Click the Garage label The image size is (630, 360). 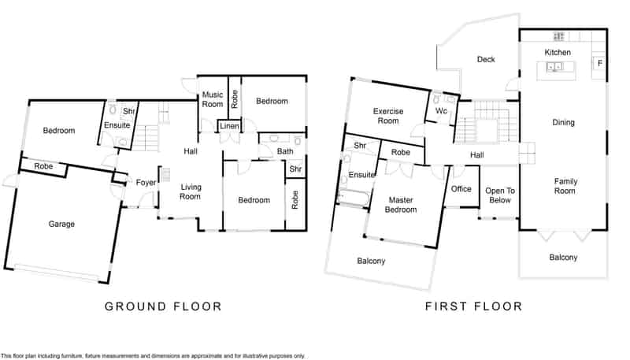(61, 225)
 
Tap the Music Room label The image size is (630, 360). (212, 99)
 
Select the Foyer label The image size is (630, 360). (146, 183)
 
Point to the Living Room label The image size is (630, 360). (191, 191)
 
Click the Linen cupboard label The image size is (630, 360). (229, 126)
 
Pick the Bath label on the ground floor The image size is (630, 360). (285, 151)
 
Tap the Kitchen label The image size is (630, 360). (558, 52)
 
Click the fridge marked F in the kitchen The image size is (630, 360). (599, 63)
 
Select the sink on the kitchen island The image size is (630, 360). (554, 67)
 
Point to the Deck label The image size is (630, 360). (486, 59)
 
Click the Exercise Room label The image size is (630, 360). (387, 116)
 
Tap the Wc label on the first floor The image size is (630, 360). (441, 110)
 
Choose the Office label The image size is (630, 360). (461, 189)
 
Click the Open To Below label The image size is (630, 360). (500, 195)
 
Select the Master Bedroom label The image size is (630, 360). (401, 205)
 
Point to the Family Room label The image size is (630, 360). (565, 186)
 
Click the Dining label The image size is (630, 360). (563, 123)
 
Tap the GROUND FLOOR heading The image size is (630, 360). (163, 306)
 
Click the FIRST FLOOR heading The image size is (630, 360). (474, 306)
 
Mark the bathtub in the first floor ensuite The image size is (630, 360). (353, 198)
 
